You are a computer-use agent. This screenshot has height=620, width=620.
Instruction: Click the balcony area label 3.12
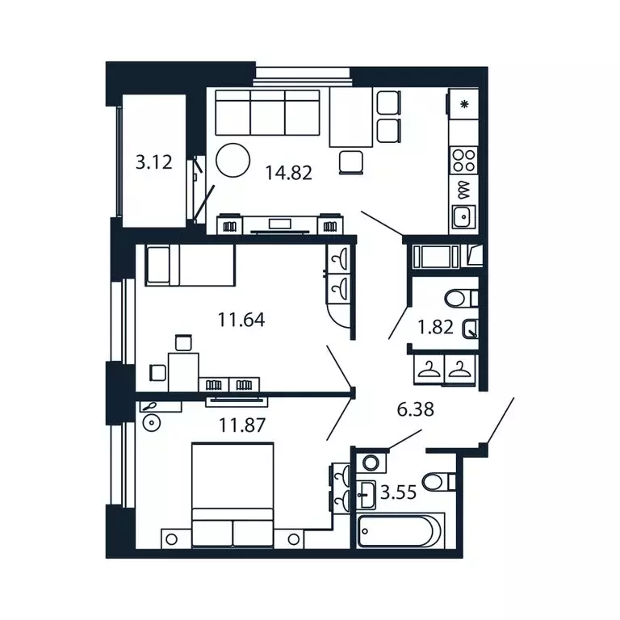(153, 162)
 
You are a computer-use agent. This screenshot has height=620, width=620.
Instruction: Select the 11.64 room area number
(241, 320)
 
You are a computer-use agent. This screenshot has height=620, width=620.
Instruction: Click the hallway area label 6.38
(416, 410)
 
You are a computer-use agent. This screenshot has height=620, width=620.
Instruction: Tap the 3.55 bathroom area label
(398, 492)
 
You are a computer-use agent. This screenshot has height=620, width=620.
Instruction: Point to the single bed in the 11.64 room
(190, 266)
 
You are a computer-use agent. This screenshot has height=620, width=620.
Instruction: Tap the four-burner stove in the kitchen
(463, 159)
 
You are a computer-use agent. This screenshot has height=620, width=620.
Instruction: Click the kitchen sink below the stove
(463, 216)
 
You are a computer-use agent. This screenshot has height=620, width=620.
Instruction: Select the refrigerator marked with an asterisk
(463, 104)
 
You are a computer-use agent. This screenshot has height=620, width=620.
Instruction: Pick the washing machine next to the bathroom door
(371, 463)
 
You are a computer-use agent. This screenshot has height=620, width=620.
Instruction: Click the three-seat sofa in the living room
(268, 114)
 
